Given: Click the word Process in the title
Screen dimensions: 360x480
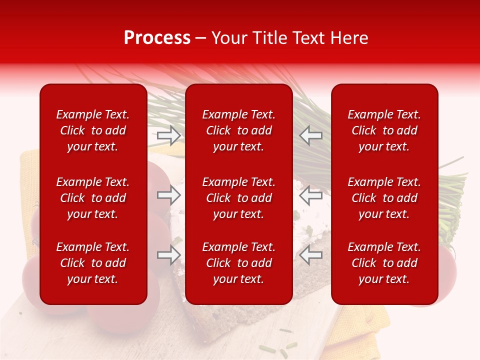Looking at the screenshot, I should pos(157,38).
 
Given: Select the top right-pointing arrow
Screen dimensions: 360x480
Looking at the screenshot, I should pos(169,135).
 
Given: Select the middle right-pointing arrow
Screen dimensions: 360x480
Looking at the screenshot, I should pos(169,194).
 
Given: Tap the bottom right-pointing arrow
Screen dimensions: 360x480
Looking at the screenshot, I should pos(169,255).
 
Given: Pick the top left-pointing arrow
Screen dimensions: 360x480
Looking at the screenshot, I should pos(311,135).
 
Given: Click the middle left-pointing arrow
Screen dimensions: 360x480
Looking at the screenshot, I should pos(311,194).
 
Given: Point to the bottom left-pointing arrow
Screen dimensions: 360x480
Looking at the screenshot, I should pos(311,255).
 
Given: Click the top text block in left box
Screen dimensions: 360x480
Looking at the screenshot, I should pos(93,130).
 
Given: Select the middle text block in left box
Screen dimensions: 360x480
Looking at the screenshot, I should pos(93,198).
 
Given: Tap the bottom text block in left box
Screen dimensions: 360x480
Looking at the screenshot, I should pos(93,263).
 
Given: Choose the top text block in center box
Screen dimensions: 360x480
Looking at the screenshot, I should pos(239,130).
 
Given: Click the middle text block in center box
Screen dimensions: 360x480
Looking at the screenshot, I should pos(239,198).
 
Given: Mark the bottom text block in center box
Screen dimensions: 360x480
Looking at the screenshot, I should pos(239,263).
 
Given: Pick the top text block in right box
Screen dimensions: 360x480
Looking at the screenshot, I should pos(384,130).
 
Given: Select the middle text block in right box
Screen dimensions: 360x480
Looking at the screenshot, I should pos(384,198).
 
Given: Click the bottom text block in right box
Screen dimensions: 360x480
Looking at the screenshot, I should pos(384,263).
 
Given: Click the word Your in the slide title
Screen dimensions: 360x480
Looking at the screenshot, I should pos(229,38).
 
